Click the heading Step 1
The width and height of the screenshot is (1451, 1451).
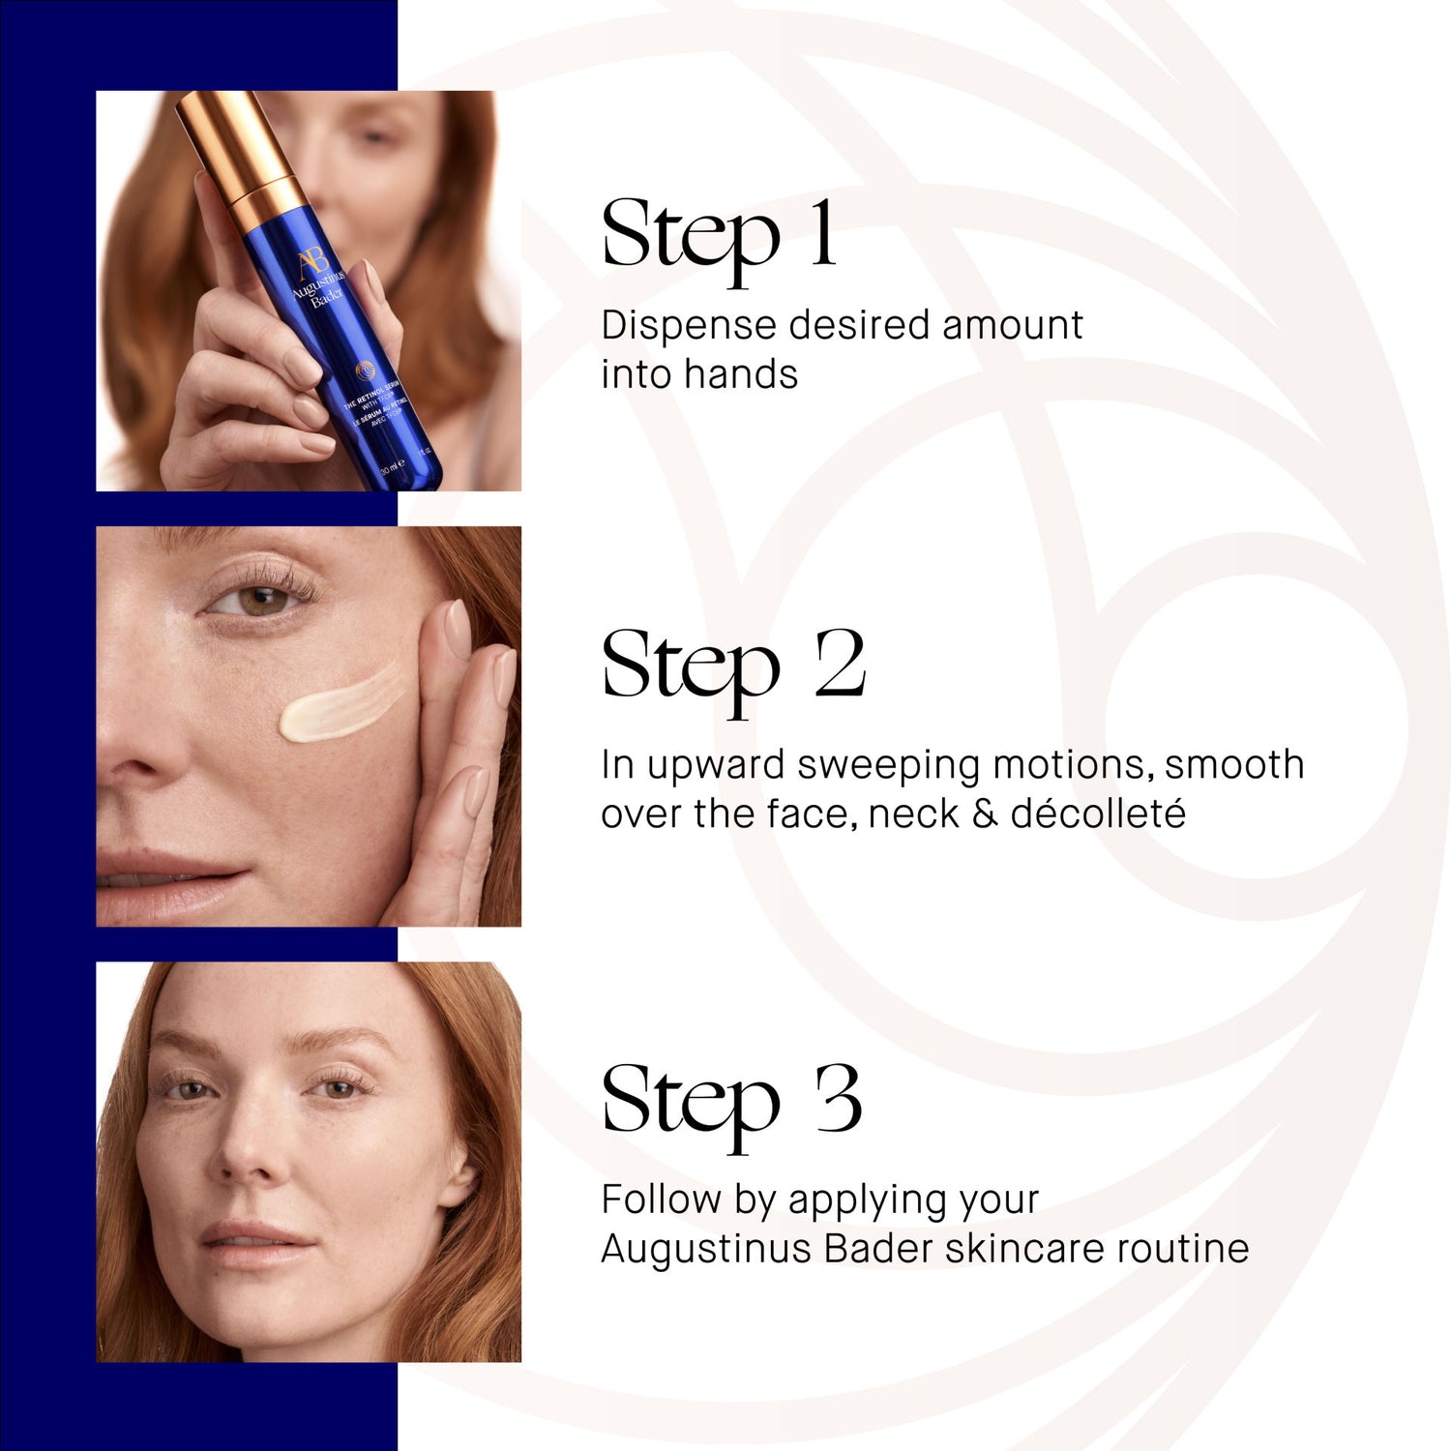coord(718,236)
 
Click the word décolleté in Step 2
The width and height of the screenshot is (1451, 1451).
coord(1097,814)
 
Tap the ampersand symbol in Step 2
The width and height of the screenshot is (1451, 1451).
coord(984,814)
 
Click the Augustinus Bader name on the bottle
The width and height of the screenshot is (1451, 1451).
coord(319,290)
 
